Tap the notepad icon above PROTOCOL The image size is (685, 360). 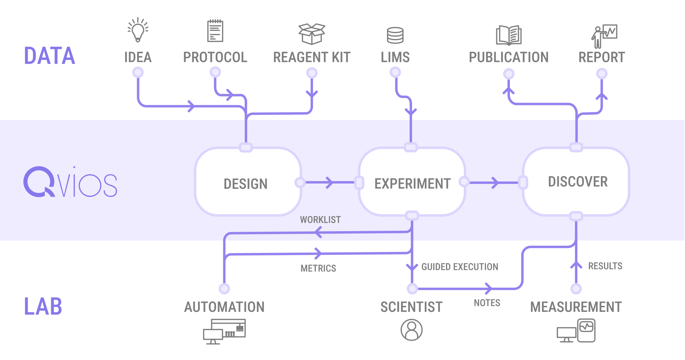(x=215, y=31)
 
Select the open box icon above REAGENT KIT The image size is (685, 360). (x=312, y=34)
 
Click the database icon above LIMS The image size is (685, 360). (x=395, y=35)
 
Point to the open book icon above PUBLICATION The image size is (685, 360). (x=509, y=35)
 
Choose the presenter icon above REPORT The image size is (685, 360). (x=604, y=36)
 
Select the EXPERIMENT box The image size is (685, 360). (x=412, y=182)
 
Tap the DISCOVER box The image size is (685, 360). (x=576, y=182)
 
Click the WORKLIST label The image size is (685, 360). (x=320, y=220)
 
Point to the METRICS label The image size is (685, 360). (x=318, y=268)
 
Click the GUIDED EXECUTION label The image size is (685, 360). (x=460, y=267)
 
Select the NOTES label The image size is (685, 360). (x=487, y=303)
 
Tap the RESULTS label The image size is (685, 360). (x=605, y=266)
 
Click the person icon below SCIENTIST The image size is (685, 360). (x=412, y=330)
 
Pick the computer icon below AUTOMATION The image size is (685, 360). (x=224, y=332)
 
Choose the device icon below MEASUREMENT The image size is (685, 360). (x=576, y=331)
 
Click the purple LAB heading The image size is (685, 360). (x=43, y=306)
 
